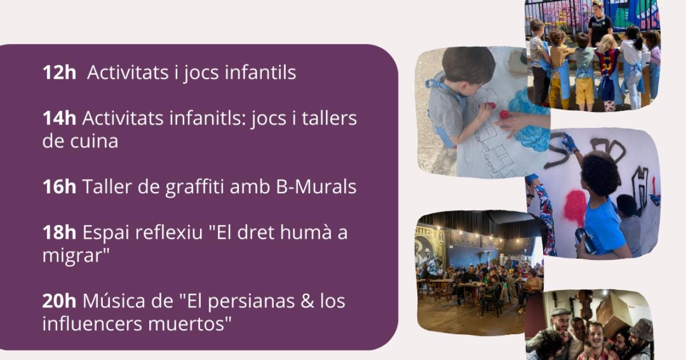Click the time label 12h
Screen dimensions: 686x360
coord(59,72)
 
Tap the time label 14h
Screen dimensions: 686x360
coord(59,118)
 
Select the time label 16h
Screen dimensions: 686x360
coord(59,187)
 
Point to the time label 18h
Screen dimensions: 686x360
coord(59,233)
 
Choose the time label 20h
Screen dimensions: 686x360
coord(59,301)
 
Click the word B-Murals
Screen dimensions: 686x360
coord(316,187)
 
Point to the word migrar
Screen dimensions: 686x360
coord(75,255)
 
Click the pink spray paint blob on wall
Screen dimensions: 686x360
coord(575,207)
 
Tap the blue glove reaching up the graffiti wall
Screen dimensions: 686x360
coord(569,143)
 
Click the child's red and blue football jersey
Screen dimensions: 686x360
coord(607,63)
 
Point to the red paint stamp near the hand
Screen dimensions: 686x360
coord(505,115)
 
